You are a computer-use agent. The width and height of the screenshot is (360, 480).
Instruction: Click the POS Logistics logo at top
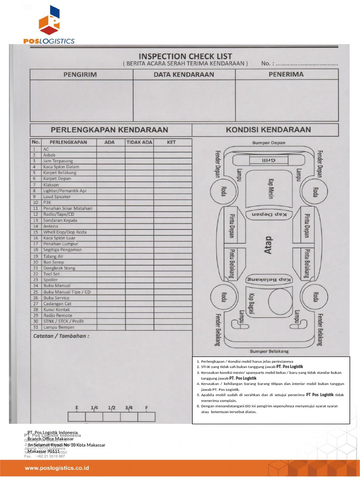click(49, 26)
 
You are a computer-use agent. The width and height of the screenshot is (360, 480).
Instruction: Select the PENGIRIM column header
click(80, 75)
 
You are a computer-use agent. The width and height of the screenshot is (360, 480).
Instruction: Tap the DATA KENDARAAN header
click(184, 75)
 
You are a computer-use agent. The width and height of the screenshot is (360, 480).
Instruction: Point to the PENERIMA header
click(285, 74)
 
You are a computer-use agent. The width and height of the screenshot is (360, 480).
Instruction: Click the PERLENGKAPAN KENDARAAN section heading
click(109, 129)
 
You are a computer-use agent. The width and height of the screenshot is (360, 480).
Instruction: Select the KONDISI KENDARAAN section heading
click(268, 129)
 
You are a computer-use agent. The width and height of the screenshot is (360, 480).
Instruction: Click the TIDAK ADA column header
click(139, 142)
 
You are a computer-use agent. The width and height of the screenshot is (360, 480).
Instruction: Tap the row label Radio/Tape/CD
click(59, 214)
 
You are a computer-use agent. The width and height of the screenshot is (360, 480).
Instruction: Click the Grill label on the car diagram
click(268, 160)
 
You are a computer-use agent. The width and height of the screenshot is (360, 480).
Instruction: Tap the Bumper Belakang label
click(269, 351)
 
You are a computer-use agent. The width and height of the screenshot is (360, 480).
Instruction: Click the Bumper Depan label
click(269, 142)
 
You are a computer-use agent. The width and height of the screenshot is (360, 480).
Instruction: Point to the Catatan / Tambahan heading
click(61, 336)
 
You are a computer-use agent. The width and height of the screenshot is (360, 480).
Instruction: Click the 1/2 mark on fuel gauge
click(112, 408)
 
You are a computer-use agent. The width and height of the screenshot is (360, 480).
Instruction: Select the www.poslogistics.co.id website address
click(57, 468)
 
